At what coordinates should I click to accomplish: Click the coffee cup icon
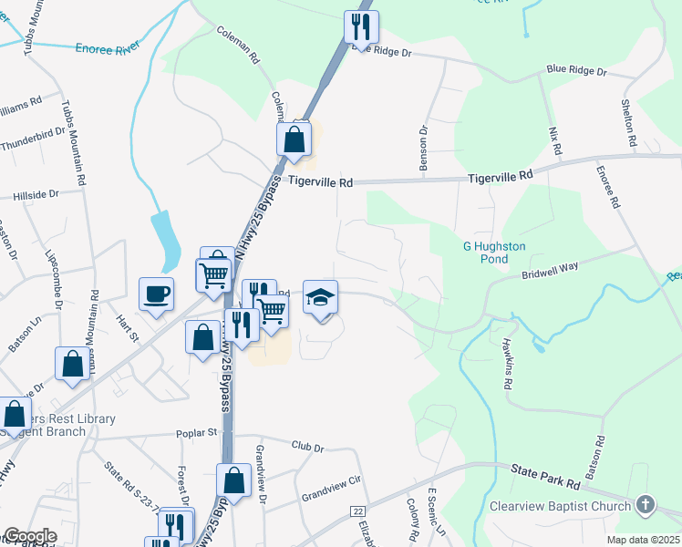click(x=156, y=294)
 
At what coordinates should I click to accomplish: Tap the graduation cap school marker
click(x=320, y=297)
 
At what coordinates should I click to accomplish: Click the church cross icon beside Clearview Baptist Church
click(x=646, y=505)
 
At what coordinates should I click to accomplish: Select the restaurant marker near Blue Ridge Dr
click(x=361, y=26)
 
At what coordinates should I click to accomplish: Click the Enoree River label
click(x=108, y=47)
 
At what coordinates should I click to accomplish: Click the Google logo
click(x=28, y=536)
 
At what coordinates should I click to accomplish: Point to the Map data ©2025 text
click(x=643, y=540)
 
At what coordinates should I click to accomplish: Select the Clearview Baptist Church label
click(x=560, y=506)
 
